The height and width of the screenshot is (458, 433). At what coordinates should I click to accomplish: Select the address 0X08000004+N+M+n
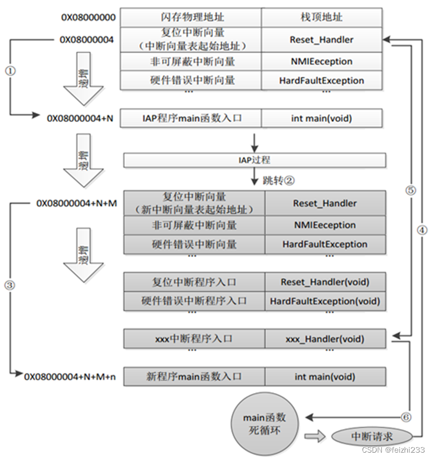[x=70, y=376]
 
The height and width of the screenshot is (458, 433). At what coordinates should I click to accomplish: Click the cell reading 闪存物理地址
[x=191, y=17]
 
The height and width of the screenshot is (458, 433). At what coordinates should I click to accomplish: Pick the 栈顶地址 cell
[x=322, y=17]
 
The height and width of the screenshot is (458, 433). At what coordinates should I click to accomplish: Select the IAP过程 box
[x=254, y=160]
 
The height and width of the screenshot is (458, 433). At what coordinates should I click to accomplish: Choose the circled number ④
[x=422, y=229]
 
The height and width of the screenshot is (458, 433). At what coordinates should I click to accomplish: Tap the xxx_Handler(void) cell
[x=325, y=339]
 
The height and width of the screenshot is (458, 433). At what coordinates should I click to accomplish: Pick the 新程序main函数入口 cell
[x=194, y=376]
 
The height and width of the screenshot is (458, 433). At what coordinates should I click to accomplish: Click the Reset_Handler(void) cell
[x=325, y=281]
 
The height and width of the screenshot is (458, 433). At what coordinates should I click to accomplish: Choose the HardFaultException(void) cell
[x=325, y=301]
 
